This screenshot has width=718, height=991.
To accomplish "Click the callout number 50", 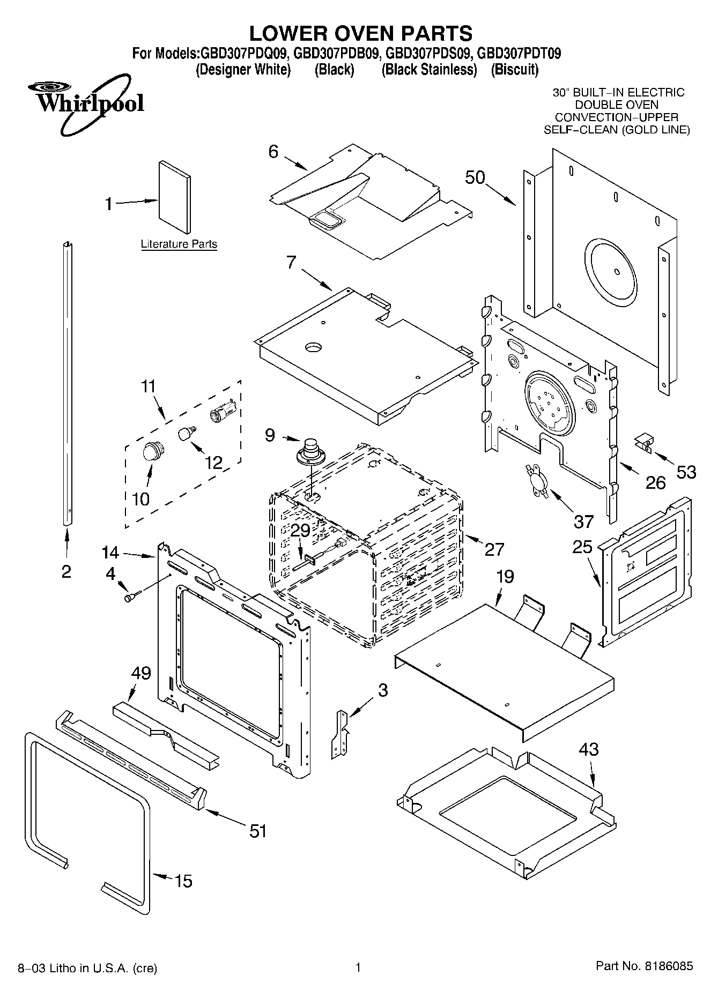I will (475, 177).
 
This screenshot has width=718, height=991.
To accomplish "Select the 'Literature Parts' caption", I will (179, 244).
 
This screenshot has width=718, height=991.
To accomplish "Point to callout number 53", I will (686, 472).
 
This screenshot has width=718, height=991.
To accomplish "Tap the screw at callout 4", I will (131, 595).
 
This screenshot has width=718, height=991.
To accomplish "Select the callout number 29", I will (301, 531).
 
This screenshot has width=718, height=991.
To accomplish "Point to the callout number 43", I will (589, 749).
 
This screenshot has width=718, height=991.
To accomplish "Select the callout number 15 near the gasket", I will (183, 881).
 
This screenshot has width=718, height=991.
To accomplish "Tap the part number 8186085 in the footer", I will (668, 966).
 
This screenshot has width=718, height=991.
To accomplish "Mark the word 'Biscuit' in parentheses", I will (515, 70).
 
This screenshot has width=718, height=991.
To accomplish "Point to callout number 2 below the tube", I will (66, 572).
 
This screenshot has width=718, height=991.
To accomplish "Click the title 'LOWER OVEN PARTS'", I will (360, 33).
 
